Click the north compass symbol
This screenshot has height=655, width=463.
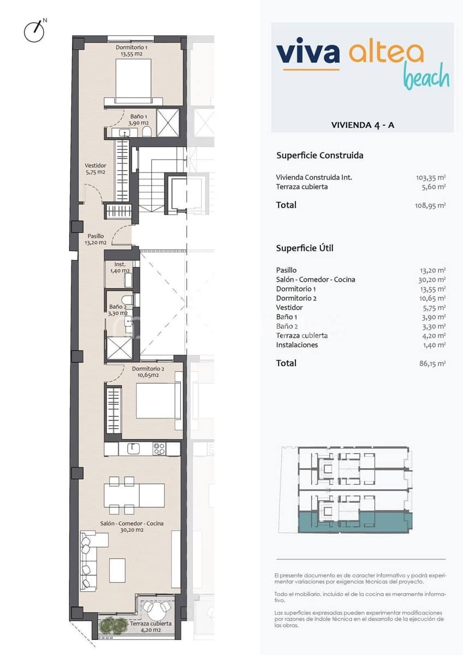click(x=34, y=32)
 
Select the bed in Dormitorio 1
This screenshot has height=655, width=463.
click(x=134, y=80)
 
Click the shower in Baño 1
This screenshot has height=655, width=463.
click(x=168, y=122)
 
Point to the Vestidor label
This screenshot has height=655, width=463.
click(x=95, y=169)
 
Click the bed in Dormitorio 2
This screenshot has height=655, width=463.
click(x=158, y=401)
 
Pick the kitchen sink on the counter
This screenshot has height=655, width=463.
click(x=134, y=449)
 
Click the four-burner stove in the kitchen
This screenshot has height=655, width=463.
click(x=159, y=449)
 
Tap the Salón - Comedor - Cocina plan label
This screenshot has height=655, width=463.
click(x=132, y=526)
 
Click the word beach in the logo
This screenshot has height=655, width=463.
click(x=426, y=78)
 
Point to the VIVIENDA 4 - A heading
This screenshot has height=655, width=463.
click(x=363, y=125)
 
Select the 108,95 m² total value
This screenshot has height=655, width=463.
click(x=431, y=206)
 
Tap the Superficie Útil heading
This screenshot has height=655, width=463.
click(x=305, y=248)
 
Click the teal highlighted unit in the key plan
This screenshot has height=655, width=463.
click(x=355, y=521)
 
